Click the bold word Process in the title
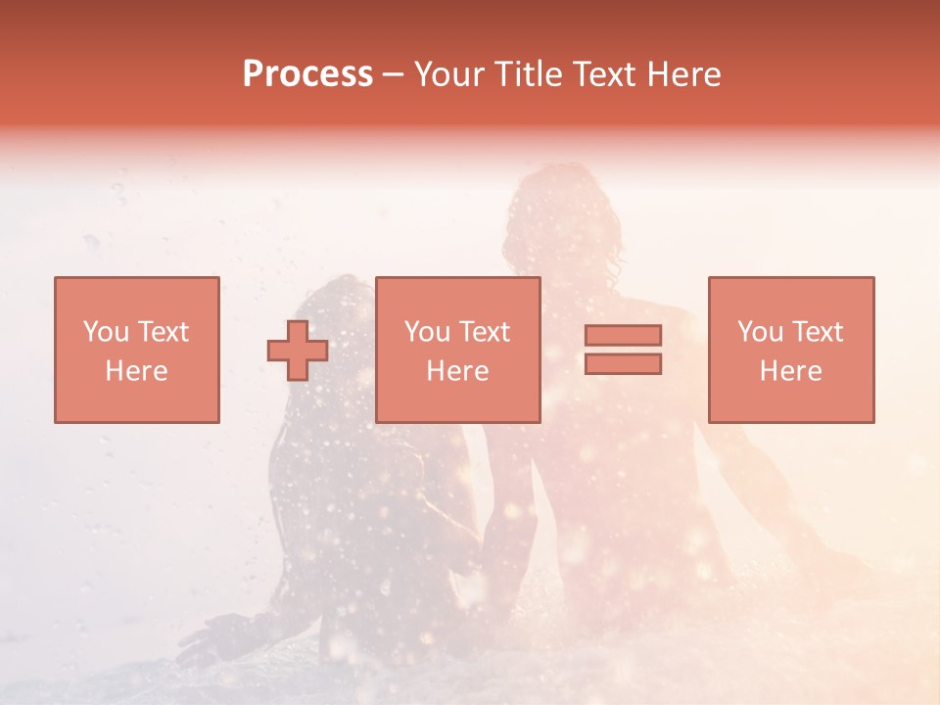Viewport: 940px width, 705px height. point(307,74)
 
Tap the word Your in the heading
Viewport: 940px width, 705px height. point(450,74)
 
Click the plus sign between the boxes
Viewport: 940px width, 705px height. point(298,351)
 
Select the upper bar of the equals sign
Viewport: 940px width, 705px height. point(623,335)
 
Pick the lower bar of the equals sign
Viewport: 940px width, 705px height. point(623,363)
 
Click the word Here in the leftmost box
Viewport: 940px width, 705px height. point(136,371)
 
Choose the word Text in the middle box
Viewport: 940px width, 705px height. point(484,332)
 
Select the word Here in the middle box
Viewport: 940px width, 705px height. point(457,371)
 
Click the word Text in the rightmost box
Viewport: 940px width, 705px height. point(817,332)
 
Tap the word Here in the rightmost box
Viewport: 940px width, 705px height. point(790,371)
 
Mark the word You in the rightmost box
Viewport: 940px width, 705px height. point(760,332)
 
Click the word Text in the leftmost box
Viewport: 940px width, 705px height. point(163,332)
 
